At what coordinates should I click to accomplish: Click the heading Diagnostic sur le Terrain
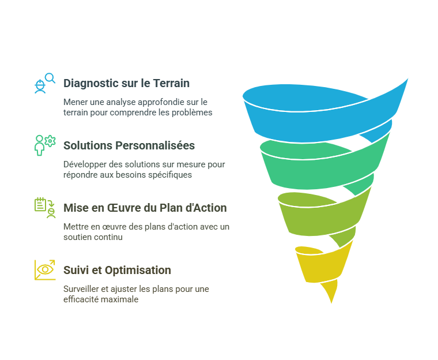click(x=126, y=83)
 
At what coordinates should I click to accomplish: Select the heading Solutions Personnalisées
click(x=129, y=145)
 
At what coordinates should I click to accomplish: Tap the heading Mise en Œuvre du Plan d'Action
click(x=145, y=208)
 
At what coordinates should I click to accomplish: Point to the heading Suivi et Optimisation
click(x=117, y=270)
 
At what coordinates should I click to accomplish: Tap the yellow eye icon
click(x=44, y=269)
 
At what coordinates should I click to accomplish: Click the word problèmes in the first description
click(x=192, y=112)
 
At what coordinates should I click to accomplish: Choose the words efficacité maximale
click(x=101, y=299)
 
